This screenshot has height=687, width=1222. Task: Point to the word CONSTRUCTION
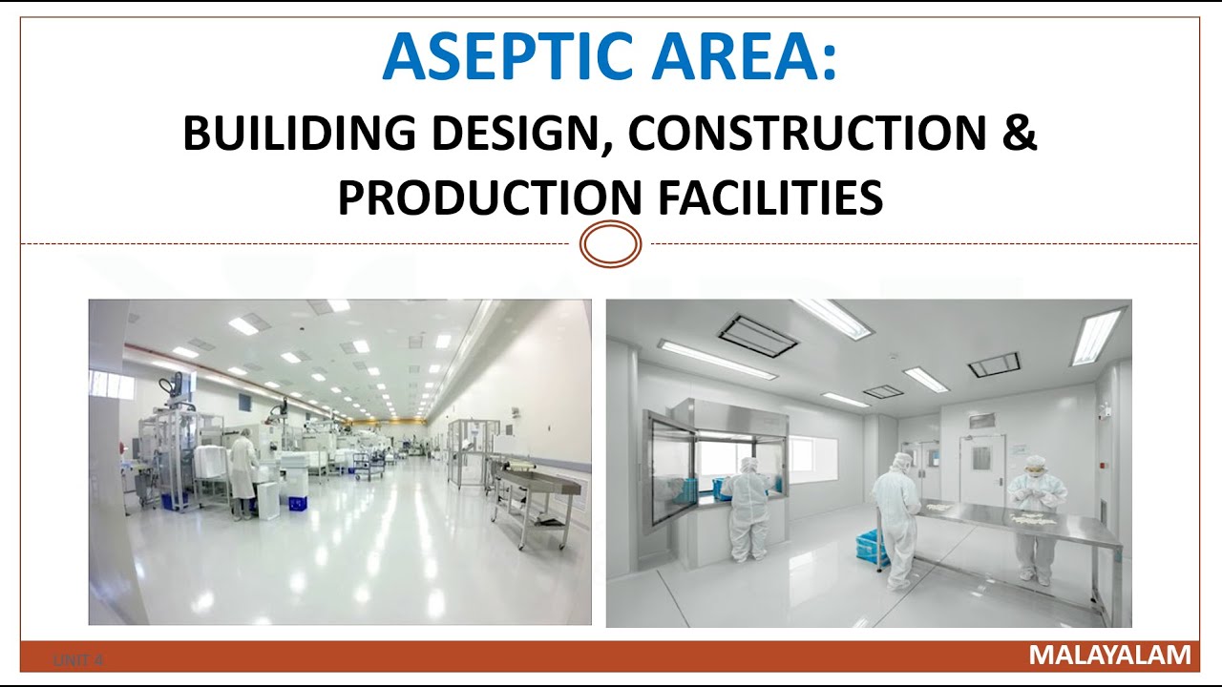tap(808, 134)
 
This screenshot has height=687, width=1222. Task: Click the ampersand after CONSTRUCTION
tap(1019, 134)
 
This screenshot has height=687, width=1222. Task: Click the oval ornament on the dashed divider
tap(611, 244)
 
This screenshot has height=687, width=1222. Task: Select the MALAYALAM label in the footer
tap(1109, 656)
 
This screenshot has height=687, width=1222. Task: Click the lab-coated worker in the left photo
tap(243, 471)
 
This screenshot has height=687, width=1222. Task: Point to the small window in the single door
tap(981, 457)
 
